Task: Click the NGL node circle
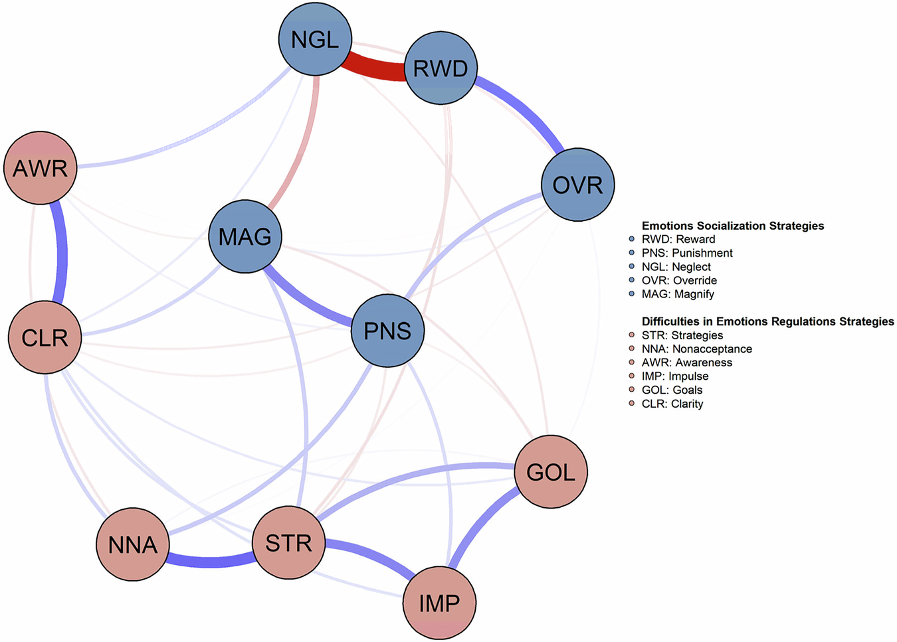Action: tap(315, 39)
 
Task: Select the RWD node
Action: tap(441, 68)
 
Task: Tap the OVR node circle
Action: tap(577, 185)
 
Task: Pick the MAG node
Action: tap(245, 236)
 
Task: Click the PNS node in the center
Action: tap(387, 331)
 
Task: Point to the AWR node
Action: tap(41, 168)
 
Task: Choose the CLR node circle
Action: tap(45, 337)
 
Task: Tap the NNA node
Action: tap(133, 544)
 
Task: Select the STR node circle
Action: tap(289, 543)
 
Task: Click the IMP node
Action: tap(439, 603)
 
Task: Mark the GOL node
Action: tap(551, 472)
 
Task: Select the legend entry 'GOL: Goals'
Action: tap(672, 390)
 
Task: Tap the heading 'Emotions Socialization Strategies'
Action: tap(732, 226)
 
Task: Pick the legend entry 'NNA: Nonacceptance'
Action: tap(696, 349)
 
